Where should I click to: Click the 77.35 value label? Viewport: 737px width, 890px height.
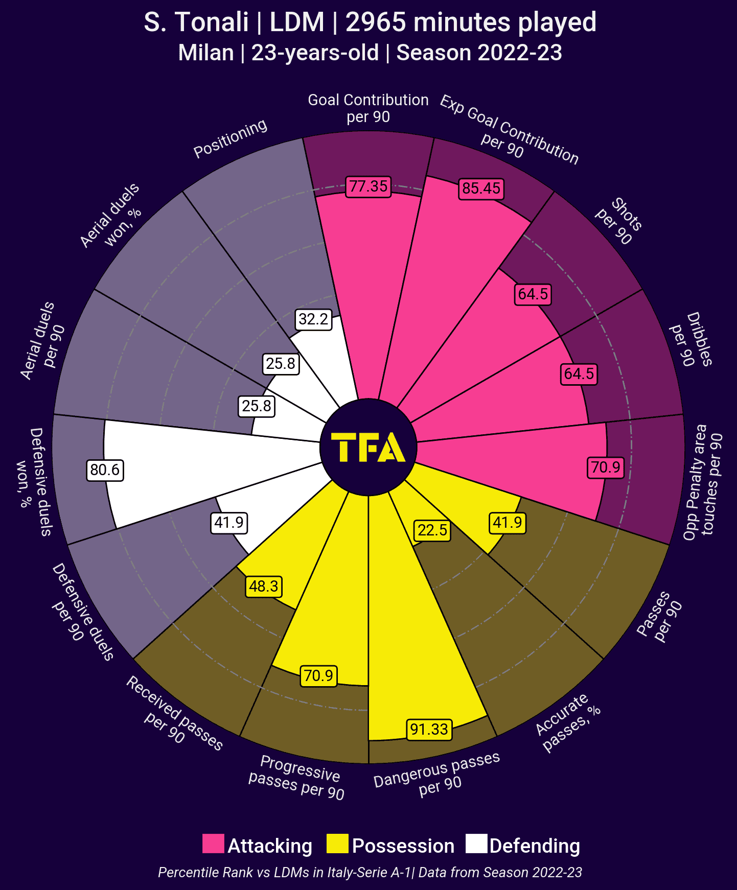pos(368,186)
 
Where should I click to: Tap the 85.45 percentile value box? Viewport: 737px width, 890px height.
pos(481,189)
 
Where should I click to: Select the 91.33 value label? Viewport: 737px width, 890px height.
pos(429,729)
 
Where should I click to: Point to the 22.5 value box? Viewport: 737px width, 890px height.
pos(432,530)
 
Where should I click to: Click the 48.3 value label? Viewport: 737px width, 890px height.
pos(264,586)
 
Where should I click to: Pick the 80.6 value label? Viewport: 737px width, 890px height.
pos(105,470)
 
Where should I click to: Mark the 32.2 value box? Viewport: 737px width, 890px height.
pos(313,319)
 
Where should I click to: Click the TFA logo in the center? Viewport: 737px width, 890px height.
pos(368,448)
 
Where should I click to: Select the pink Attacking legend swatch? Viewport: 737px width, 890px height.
pos(213,844)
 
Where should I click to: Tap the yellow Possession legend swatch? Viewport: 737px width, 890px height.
pos(337,844)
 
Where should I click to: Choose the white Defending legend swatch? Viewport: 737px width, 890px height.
pos(476,844)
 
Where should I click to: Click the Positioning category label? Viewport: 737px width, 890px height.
pos(231,138)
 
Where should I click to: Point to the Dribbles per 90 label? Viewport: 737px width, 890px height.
pos(691,339)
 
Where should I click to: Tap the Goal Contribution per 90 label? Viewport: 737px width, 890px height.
pos(368,108)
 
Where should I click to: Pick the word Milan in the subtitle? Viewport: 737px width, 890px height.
pos(205,53)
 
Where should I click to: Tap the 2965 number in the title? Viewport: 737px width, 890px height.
pos(376,22)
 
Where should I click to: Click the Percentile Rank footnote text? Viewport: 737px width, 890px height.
pos(370,872)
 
